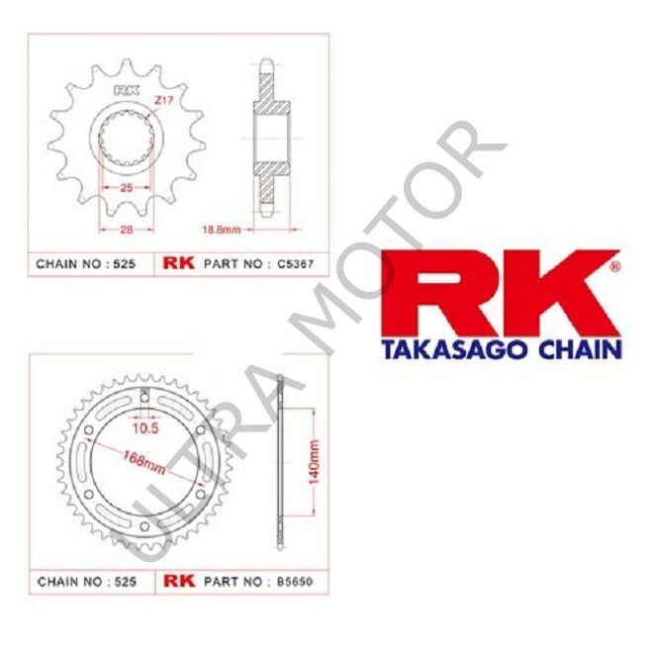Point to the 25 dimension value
click(x=126, y=187)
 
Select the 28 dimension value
click(x=126, y=229)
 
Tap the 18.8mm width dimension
click(x=222, y=229)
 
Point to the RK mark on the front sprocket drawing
click(x=126, y=94)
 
